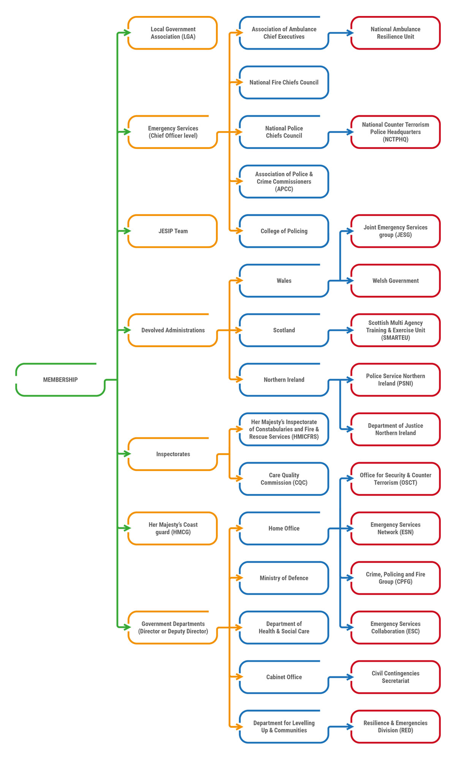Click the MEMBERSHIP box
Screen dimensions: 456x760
click(x=60, y=380)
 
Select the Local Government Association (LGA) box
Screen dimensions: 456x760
click(x=173, y=33)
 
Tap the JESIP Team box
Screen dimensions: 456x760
click(x=173, y=231)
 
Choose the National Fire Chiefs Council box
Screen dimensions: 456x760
click(x=284, y=82)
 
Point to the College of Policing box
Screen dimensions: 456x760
click(x=284, y=231)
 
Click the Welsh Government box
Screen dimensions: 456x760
click(x=396, y=281)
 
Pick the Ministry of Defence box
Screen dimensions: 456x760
click(x=284, y=578)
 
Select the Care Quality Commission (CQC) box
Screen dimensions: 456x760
click(x=284, y=479)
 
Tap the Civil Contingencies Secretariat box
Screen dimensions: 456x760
click(x=396, y=677)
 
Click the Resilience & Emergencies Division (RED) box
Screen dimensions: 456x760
click(x=396, y=727)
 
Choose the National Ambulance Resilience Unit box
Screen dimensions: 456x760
click(x=396, y=33)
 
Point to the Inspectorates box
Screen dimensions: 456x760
click(x=173, y=454)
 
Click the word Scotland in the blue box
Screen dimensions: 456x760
click(x=284, y=330)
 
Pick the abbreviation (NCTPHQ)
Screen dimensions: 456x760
click(x=396, y=139)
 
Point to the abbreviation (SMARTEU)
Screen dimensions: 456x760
click(x=396, y=338)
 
